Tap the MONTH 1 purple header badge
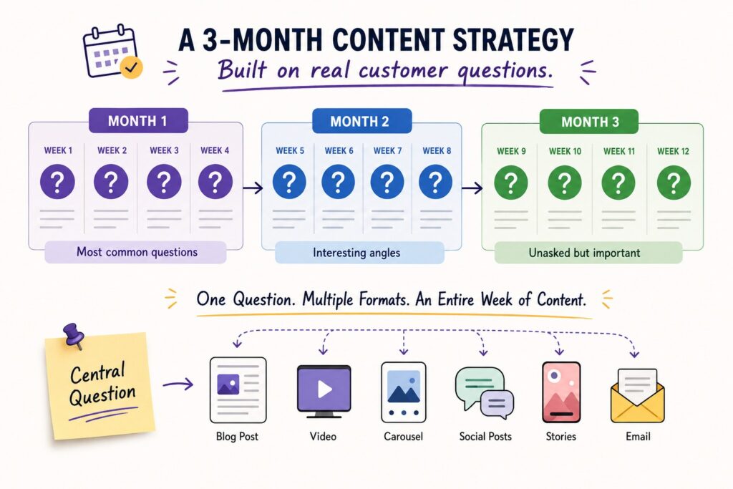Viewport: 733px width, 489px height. pyautogui.click(x=138, y=121)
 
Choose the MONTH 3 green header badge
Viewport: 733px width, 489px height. pyautogui.click(x=589, y=122)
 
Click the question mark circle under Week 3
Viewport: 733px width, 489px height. pyautogui.click(x=164, y=181)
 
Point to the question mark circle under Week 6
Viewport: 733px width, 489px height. pyautogui.click(x=339, y=182)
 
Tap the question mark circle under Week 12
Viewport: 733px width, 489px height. pyautogui.click(x=674, y=183)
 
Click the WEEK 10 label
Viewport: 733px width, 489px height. pyautogui.click(x=565, y=151)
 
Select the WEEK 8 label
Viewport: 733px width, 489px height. pyautogui.click(x=437, y=150)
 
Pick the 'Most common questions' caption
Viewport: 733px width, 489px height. pyautogui.click(x=137, y=252)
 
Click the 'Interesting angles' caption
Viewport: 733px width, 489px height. pyautogui.click(x=356, y=253)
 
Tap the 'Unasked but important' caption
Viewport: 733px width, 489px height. pyautogui.click(x=584, y=253)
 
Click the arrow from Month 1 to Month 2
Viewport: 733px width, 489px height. pyautogui.click(x=253, y=188)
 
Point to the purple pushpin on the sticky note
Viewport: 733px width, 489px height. pyautogui.click(x=74, y=335)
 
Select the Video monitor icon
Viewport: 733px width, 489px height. pyautogui.click(x=324, y=392)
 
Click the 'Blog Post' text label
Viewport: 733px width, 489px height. pyautogui.click(x=237, y=437)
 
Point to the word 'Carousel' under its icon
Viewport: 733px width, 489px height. pyautogui.click(x=404, y=437)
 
